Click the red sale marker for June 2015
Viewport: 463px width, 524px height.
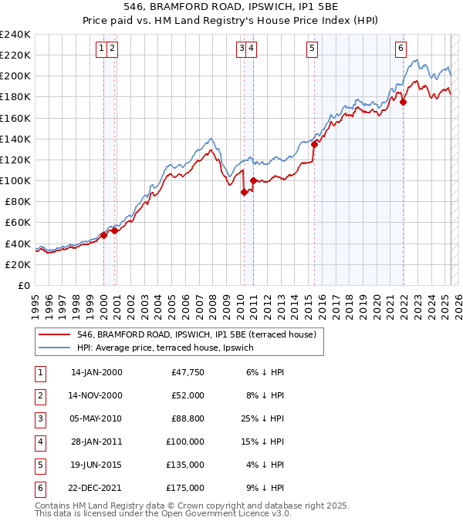(314, 144)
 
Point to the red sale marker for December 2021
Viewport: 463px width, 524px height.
(404, 101)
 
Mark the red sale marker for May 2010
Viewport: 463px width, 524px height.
(244, 193)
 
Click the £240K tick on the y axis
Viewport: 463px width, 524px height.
(15, 35)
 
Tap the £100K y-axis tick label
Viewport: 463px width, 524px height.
(15, 180)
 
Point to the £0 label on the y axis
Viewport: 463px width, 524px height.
(23, 285)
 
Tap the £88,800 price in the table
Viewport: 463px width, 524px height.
(188, 418)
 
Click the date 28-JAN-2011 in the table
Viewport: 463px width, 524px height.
(96, 442)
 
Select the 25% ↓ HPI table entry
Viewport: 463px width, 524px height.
(263, 418)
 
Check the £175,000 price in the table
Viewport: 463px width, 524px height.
(185, 488)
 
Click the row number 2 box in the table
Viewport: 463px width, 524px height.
(39, 395)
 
